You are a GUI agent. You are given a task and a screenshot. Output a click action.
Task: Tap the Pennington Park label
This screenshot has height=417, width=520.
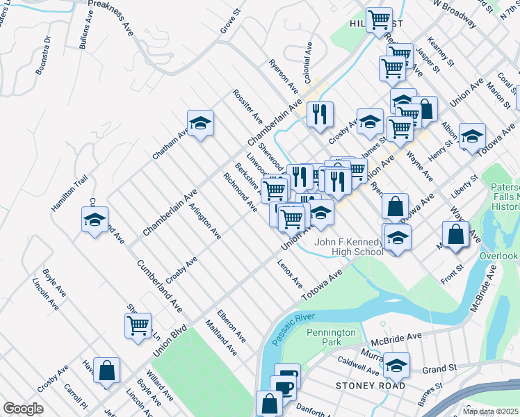[332, 338]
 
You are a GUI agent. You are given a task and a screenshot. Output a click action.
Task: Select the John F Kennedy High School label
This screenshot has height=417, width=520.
[349, 247]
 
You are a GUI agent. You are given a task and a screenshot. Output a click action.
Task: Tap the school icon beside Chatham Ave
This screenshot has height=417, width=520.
[200, 124]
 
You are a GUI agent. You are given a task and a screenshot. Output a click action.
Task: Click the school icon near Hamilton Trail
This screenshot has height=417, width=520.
[95, 220]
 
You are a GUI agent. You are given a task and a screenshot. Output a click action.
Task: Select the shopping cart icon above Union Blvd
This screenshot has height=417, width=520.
[138, 325]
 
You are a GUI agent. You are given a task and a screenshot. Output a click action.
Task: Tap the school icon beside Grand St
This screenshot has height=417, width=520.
[396, 365]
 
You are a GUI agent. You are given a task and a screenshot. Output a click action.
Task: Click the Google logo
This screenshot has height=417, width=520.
[23, 409]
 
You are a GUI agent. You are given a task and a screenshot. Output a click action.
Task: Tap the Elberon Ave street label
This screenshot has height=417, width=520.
[231, 326]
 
